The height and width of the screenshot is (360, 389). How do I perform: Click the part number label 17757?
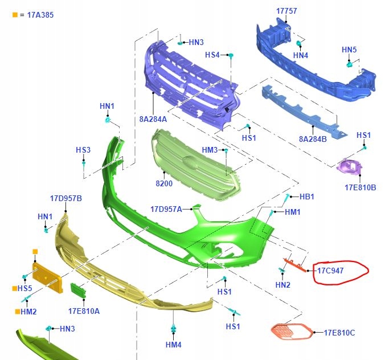click(x=286, y=11)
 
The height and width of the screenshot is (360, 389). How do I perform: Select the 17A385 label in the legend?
click(x=40, y=15)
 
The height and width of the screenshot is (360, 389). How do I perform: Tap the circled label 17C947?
click(x=330, y=271)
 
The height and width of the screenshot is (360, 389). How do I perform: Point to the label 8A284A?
click(x=153, y=119)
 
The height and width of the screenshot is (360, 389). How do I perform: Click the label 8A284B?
click(x=313, y=138)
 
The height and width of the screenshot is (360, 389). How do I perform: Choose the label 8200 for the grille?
click(x=164, y=184)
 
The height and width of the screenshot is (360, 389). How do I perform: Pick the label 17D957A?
click(x=166, y=209)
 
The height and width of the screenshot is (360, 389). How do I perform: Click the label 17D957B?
click(x=66, y=198)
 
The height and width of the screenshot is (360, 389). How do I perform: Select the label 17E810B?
click(x=360, y=187)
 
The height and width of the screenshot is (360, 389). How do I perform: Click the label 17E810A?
click(x=84, y=311)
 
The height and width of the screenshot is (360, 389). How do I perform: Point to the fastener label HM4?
click(x=173, y=345)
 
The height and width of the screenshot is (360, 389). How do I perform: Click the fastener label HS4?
click(x=212, y=55)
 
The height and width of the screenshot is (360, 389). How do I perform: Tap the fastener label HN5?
click(x=349, y=50)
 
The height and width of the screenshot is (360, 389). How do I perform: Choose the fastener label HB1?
click(x=306, y=197)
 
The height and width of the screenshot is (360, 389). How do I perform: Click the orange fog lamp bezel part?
click(x=290, y=331)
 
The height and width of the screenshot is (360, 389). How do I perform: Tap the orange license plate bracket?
click(x=47, y=277)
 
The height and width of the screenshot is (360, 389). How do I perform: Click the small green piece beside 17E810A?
click(x=77, y=290)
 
